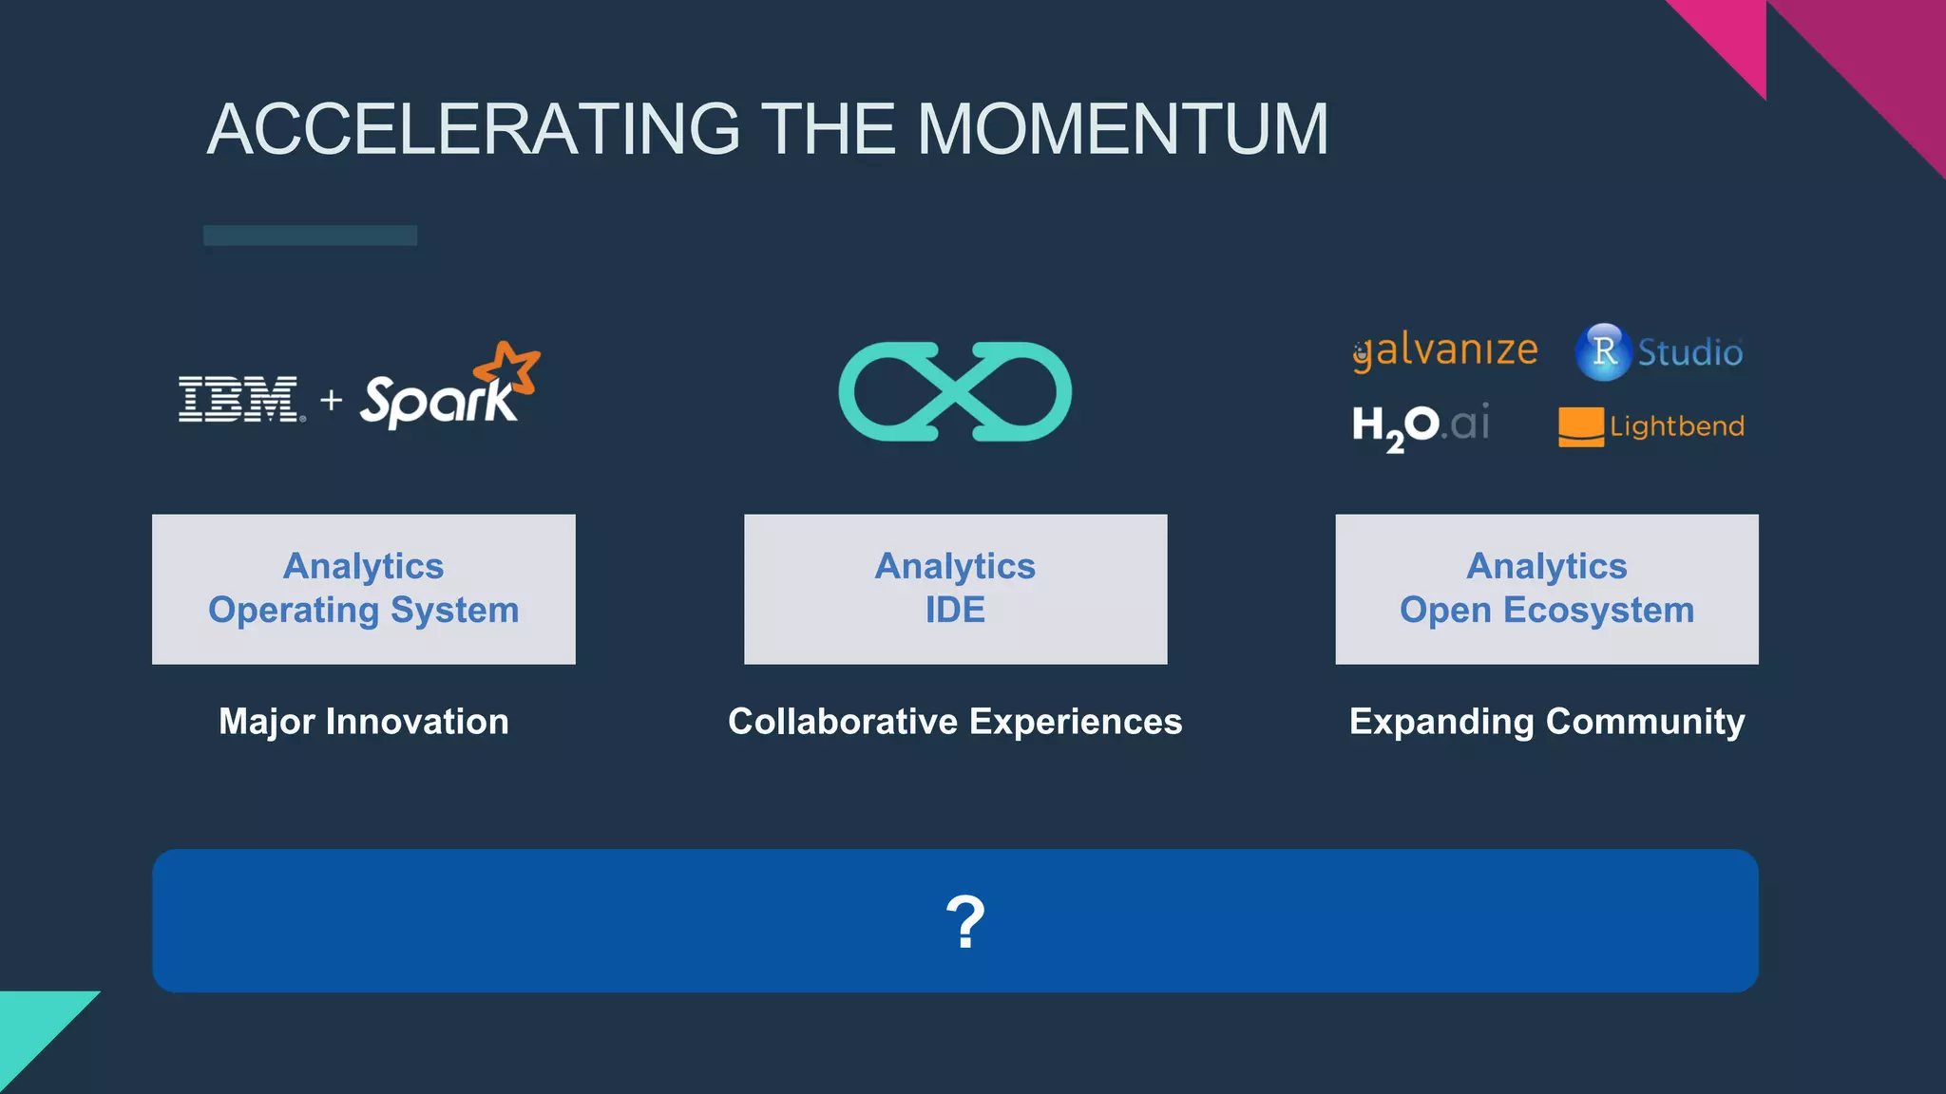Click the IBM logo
[240, 399]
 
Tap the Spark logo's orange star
[509, 368]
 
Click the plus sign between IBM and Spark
[332, 400]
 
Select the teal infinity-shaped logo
[955, 391]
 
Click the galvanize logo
[1445, 350]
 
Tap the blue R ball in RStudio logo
[1604, 351]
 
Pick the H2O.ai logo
[1421, 425]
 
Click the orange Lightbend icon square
[1581, 426]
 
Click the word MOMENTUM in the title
[1122, 129]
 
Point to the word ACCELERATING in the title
[473, 129]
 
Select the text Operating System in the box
[364, 611]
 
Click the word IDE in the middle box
[955, 611]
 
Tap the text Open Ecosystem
[1547, 611]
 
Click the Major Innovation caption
[364, 722]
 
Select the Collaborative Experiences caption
[955, 722]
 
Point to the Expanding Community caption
[1547, 722]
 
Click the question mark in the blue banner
[965, 921]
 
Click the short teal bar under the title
[310, 236]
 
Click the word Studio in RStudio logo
[1689, 352]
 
